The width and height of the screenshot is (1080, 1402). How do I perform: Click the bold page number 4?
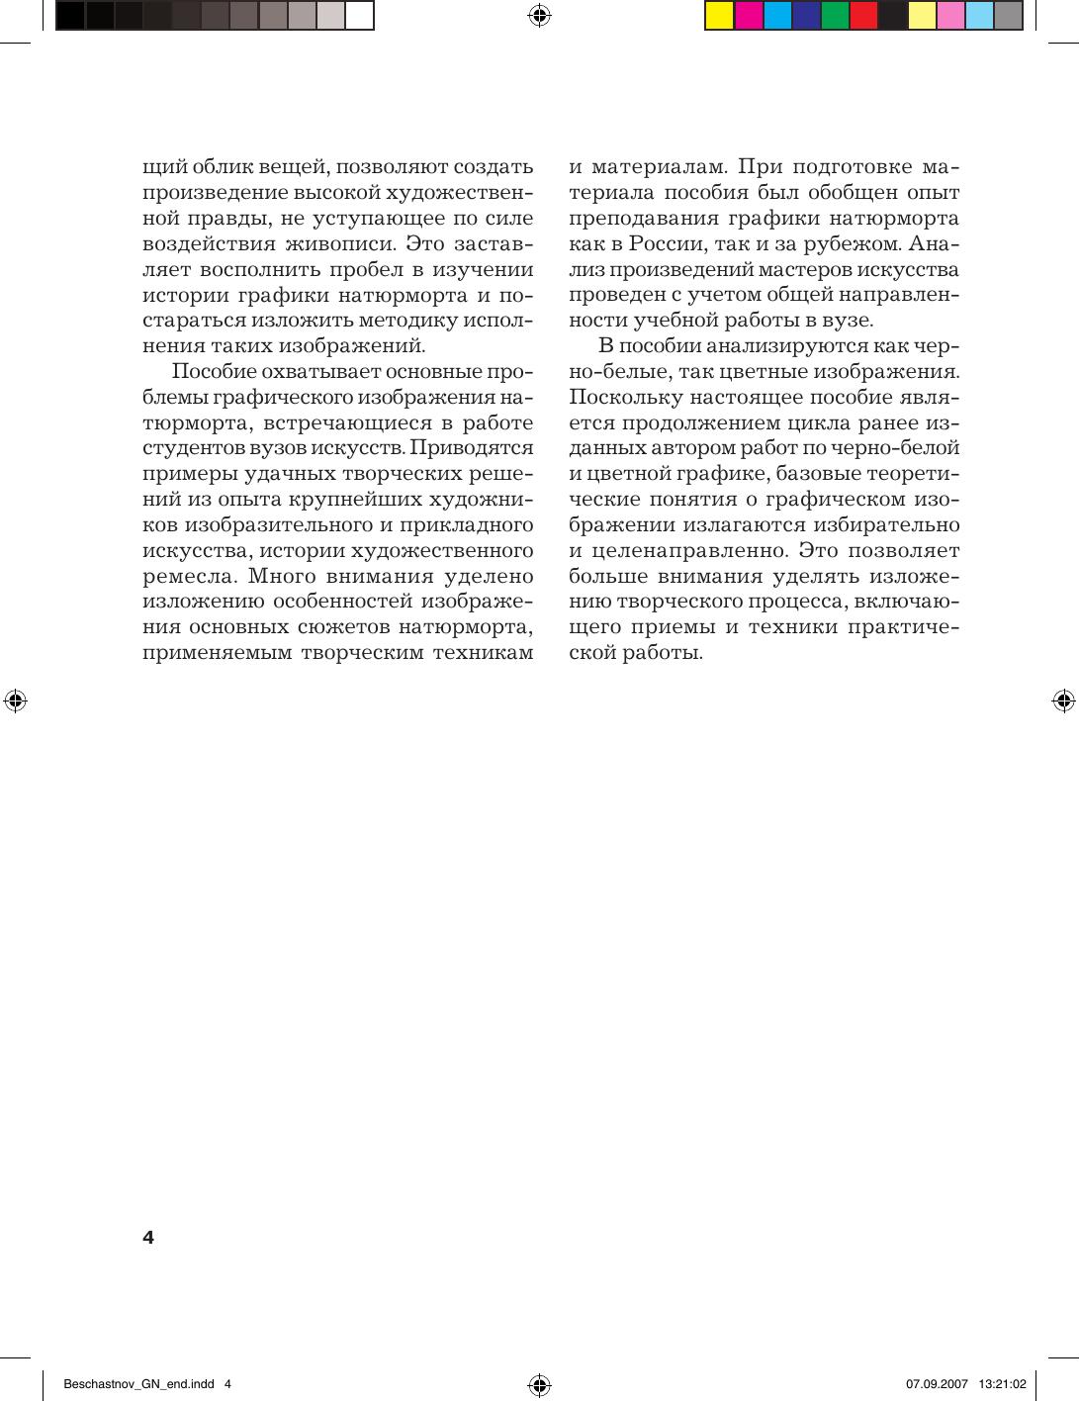tap(148, 1238)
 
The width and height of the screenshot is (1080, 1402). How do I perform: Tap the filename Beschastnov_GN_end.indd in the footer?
tap(139, 1383)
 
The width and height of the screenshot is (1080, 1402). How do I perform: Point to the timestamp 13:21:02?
tap(1003, 1383)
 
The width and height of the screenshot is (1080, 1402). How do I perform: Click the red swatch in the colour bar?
tap(863, 16)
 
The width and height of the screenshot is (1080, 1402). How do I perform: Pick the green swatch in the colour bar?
tap(835, 16)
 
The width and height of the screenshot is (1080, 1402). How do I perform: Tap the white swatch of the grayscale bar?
tap(359, 16)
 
